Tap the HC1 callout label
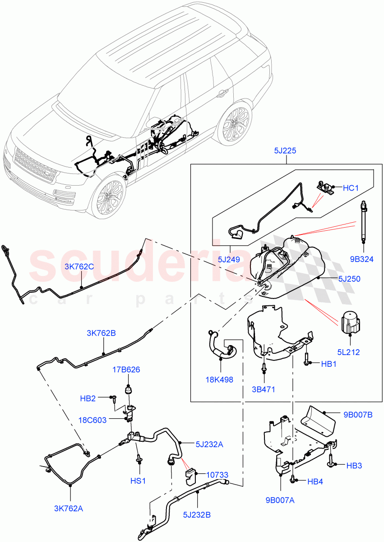(x=351, y=188)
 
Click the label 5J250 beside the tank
(x=348, y=279)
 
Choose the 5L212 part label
(x=348, y=352)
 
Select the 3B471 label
(x=264, y=389)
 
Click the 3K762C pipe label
(x=79, y=266)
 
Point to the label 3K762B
(x=101, y=333)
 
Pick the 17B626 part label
(x=126, y=369)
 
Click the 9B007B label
(x=357, y=414)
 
